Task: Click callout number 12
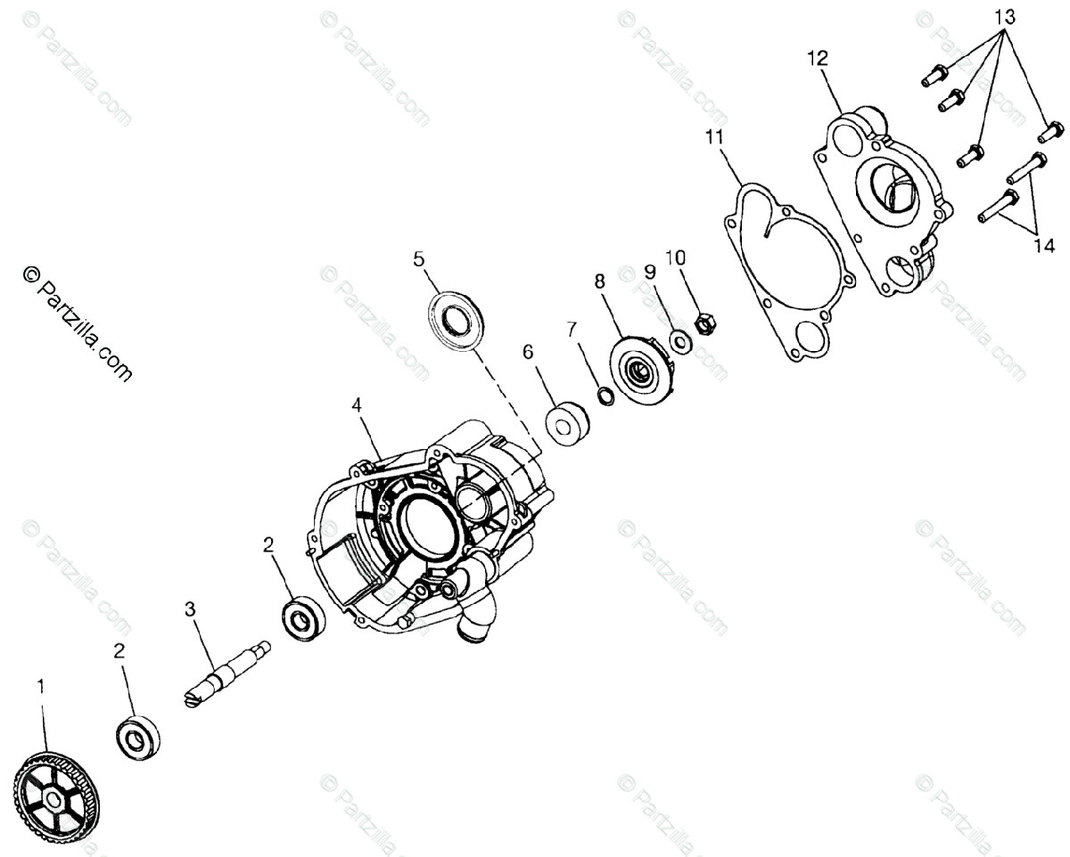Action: [818, 59]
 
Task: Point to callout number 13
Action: [1004, 16]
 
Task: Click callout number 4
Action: [357, 405]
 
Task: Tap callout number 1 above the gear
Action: [39, 687]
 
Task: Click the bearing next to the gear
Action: [138, 738]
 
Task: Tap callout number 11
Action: [712, 138]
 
